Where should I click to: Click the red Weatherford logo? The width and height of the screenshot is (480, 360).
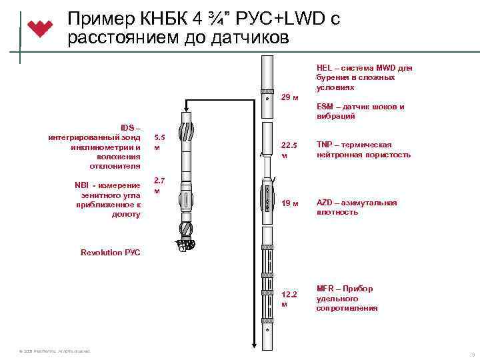pyautogui.click(x=41, y=29)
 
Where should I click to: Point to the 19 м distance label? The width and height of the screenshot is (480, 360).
pyautogui.click(x=289, y=203)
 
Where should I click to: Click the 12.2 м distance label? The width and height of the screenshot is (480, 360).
pyautogui.click(x=289, y=299)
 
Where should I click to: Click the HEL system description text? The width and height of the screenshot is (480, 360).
pyautogui.click(x=364, y=77)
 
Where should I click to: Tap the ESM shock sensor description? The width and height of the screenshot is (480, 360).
pyautogui.click(x=360, y=111)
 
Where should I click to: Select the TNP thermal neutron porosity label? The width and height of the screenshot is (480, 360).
pyautogui.click(x=363, y=150)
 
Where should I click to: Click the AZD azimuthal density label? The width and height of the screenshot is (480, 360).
pyautogui.click(x=357, y=207)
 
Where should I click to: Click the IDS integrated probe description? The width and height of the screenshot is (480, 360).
pyautogui.click(x=94, y=147)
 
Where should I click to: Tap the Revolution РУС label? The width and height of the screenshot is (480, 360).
pyautogui.click(x=110, y=253)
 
